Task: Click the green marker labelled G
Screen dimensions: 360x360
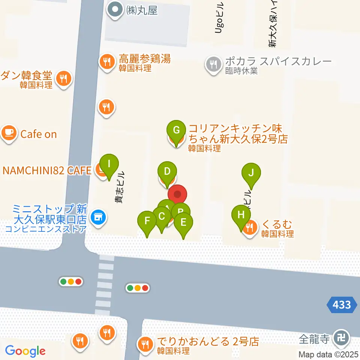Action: [x=176, y=131]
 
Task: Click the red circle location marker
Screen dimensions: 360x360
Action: [x=177, y=195]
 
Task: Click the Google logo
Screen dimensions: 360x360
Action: [x=25, y=351]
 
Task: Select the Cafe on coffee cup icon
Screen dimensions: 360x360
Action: [x=9, y=134]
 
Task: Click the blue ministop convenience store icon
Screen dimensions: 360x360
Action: [x=99, y=217]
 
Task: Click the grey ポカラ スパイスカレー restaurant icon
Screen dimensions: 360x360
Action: [x=213, y=64]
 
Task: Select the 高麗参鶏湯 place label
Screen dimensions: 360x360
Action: [x=145, y=59]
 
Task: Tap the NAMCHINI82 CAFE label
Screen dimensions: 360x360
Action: [x=47, y=171]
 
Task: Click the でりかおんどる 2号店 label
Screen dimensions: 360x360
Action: [x=208, y=342]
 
